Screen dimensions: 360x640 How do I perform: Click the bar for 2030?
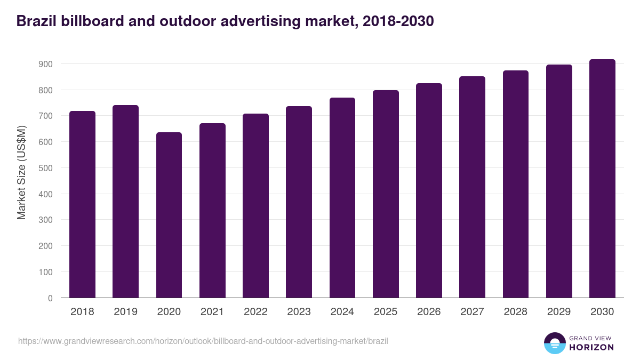602,179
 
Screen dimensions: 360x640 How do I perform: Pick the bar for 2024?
342,198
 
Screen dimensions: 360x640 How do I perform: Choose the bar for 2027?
473,187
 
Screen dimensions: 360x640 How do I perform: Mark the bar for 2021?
212,211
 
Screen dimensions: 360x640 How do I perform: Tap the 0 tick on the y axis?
50,298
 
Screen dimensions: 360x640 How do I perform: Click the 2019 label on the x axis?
125,312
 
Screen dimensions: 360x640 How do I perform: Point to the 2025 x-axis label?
386,312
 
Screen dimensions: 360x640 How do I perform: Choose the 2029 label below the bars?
559,312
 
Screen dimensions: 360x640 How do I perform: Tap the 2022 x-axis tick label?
255,312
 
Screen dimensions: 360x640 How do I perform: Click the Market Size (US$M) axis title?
21,172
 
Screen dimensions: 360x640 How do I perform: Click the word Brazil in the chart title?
35,21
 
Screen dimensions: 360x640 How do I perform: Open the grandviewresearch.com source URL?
203,341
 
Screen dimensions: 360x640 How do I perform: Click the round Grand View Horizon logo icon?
554,343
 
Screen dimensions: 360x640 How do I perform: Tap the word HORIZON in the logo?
591,347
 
